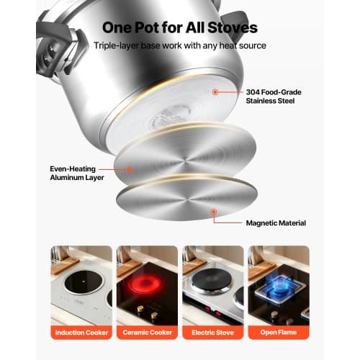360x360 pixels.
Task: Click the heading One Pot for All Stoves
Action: [180, 27]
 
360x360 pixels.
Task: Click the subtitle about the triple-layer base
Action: [180, 45]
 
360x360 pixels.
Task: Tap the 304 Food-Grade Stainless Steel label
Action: [274, 96]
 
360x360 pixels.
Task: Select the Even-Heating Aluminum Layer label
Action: [77, 173]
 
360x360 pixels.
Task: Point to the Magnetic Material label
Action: [276, 223]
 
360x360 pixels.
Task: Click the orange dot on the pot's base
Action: [215, 92]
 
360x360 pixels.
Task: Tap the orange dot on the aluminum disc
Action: [130, 170]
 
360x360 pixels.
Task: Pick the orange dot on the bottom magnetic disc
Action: [214, 212]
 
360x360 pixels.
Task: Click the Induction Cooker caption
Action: [81, 333]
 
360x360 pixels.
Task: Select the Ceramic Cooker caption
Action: [148, 333]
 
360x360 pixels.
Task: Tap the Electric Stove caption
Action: [212, 333]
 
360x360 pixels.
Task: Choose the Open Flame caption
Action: [279, 333]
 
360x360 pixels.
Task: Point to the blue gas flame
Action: [279, 286]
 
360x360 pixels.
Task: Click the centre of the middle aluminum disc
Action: [185, 159]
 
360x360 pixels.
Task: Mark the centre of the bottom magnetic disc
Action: [187, 199]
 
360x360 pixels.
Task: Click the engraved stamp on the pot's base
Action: [168, 117]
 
